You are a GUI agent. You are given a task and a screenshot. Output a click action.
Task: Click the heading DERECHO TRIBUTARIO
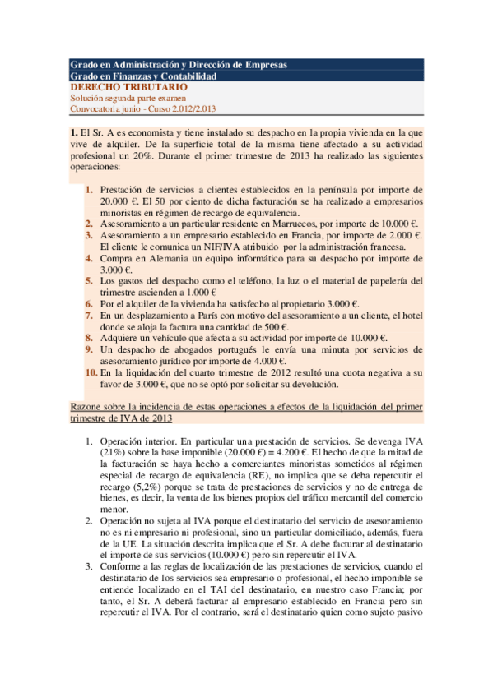pos(128,87)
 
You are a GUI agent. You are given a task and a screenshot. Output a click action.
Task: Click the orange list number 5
pos(91,280)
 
